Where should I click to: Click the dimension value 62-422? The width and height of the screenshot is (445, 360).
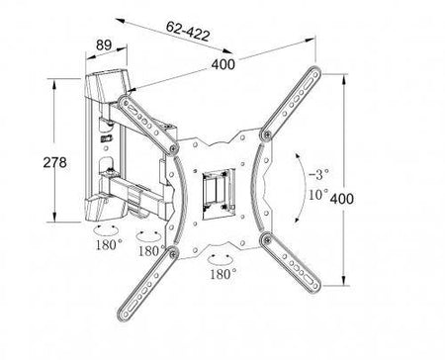[x=188, y=32]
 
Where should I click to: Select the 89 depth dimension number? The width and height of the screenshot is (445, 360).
[x=104, y=45]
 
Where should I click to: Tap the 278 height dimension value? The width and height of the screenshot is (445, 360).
[x=54, y=162]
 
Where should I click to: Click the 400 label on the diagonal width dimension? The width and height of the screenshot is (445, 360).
[x=223, y=64]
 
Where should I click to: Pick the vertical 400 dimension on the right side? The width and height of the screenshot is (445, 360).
[x=342, y=199]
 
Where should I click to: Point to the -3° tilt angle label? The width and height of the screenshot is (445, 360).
[x=318, y=174]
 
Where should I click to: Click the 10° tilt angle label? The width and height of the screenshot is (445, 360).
[x=318, y=194]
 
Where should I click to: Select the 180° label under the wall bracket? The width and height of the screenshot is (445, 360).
[x=109, y=244]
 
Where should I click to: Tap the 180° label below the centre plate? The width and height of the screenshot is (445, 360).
[x=223, y=274]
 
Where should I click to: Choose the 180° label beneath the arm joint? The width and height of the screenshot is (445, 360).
[x=151, y=251]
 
